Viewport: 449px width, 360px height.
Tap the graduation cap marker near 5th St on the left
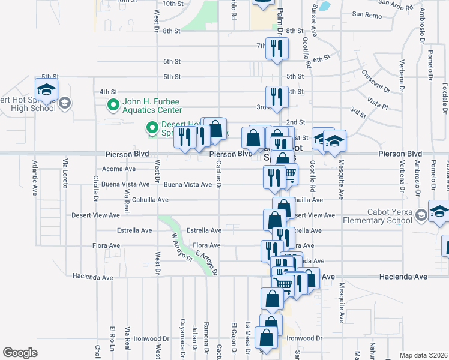[x=46, y=91]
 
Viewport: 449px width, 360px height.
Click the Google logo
[x=20, y=353]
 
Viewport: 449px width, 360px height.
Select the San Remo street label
[x=366, y=14]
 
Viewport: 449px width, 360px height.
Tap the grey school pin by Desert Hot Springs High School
[x=65, y=103]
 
